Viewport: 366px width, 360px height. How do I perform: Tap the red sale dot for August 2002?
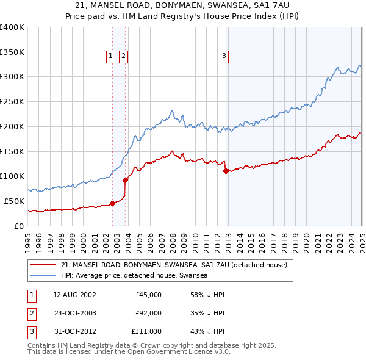point(112,204)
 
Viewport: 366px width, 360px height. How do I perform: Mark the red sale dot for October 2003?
point(125,180)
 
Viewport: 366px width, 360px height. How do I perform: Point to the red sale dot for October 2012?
point(226,171)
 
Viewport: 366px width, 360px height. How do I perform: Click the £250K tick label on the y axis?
point(12,101)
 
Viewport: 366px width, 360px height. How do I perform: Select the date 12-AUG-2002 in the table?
point(74,295)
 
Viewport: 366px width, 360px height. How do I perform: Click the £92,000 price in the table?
point(148,313)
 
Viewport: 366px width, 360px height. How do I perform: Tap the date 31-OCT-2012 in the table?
point(74,331)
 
